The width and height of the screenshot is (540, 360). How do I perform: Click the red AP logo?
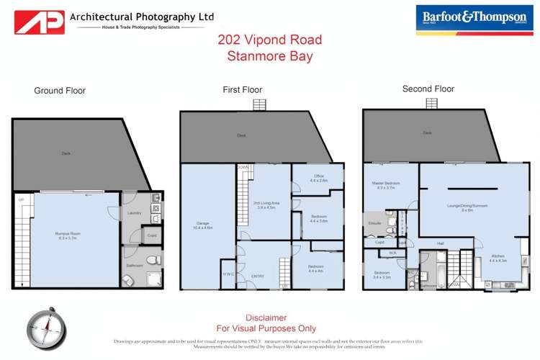[40, 22]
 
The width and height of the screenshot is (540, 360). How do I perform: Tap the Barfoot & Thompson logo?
[469, 19]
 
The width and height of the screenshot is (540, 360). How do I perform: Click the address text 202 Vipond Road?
[270, 40]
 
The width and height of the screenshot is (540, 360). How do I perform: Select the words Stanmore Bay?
[270, 56]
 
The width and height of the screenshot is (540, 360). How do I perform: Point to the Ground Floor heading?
[60, 91]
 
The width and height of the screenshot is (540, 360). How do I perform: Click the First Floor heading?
[242, 90]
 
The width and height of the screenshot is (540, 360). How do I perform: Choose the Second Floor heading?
[428, 89]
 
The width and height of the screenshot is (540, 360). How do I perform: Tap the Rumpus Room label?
[67, 235]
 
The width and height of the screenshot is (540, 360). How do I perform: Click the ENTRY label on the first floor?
[258, 276]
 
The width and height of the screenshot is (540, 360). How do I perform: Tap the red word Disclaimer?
[266, 318]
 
